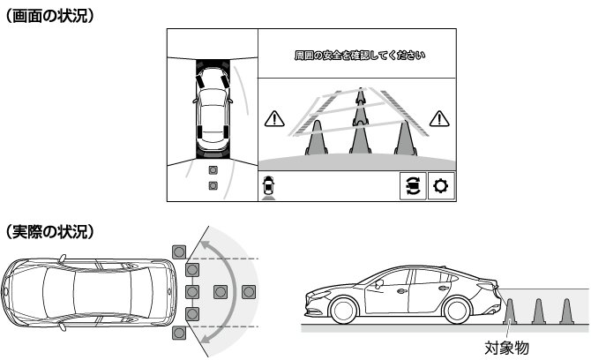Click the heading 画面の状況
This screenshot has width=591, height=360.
pyautogui.click(x=49, y=17)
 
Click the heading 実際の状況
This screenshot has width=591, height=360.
pyautogui.click(x=49, y=231)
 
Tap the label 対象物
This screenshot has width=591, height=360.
pyautogui.click(x=506, y=348)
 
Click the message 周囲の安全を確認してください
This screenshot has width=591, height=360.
pyautogui.click(x=360, y=56)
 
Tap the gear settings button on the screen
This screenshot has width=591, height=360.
pyautogui.click(x=441, y=186)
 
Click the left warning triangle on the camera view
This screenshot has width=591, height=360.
pyautogui.click(x=274, y=119)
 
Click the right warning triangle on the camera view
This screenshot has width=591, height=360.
pyautogui.click(x=439, y=119)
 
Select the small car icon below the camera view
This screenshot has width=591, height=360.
pyautogui.click(x=268, y=185)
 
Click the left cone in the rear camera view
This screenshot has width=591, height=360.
pyautogui.click(x=317, y=138)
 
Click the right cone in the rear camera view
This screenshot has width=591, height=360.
pyautogui.click(x=406, y=138)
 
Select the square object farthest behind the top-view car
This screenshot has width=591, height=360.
pyautogui.click(x=249, y=292)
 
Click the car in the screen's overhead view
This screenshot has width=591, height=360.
pyautogui.click(x=213, y=109)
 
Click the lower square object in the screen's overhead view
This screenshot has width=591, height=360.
pyautogui.click(x=213, y=186)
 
